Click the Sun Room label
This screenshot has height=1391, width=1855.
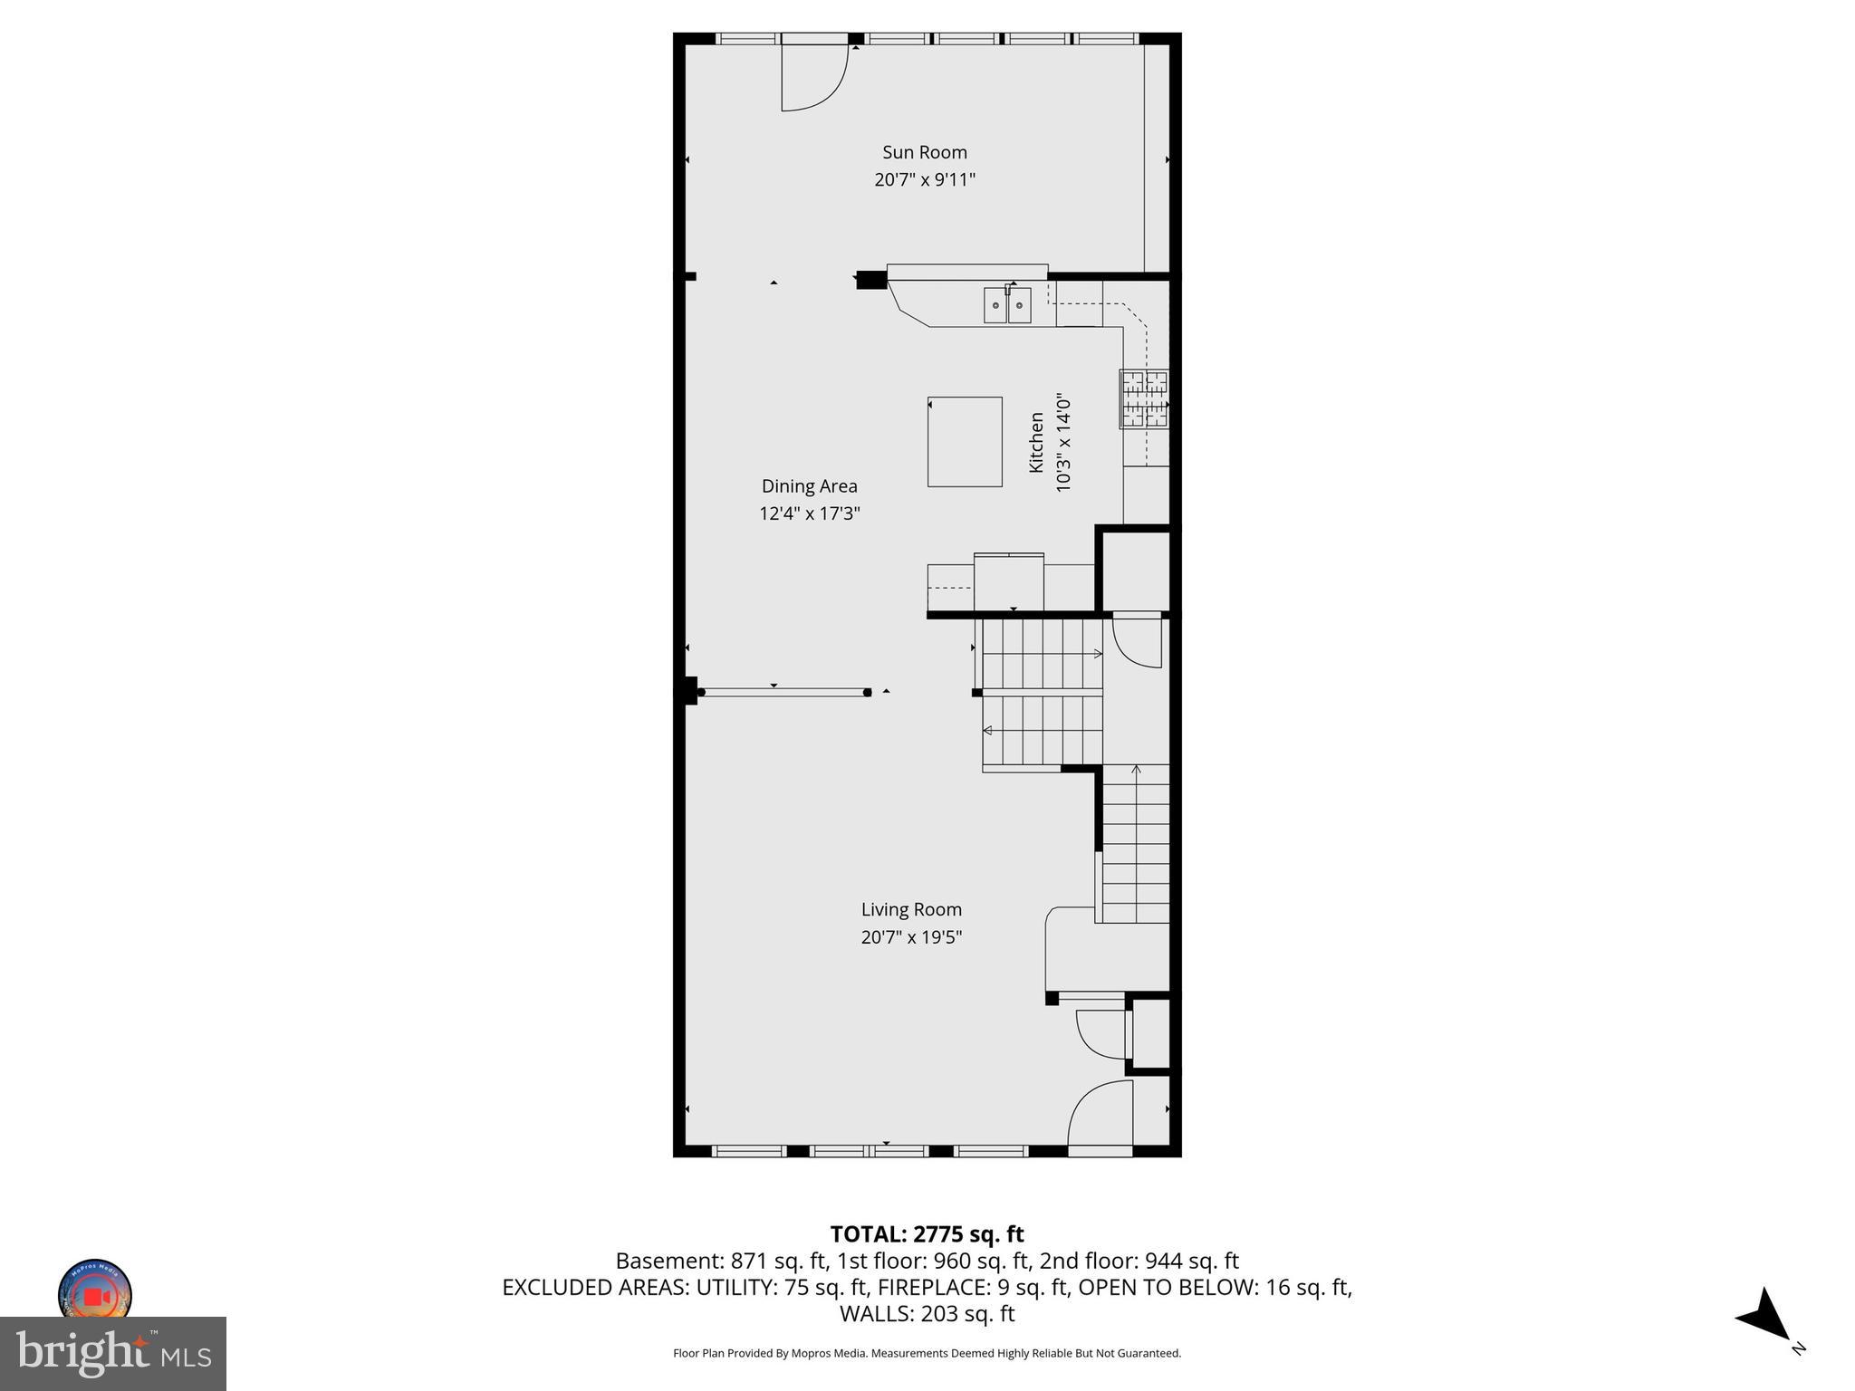[x=925, y=152]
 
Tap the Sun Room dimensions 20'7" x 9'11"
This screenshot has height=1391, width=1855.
[x=925, y=179]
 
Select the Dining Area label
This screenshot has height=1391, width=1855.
[x=809, y=486]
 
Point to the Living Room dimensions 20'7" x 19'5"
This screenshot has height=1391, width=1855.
[x=911, y=937]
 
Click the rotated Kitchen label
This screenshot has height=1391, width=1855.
[x=1036, y=442]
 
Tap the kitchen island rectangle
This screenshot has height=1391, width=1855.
[x=965, y=442]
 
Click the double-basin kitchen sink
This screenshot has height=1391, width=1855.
[x=1007, y=305]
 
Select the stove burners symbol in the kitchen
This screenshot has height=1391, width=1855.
[x=1145, y=398]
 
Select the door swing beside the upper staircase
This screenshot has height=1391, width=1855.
[x=1138, y=641]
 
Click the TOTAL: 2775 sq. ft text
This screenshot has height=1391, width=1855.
[x=927, y=1234]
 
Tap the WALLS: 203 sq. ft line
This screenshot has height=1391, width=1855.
[x=927, y=1313]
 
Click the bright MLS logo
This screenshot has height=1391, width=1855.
[x=112, y=1354]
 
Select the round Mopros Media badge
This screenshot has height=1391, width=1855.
[x=95, y=1293]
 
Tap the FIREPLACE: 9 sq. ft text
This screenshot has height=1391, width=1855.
[x=974, y=1287]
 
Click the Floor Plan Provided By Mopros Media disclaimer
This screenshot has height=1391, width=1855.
[x=927, y=1353]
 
